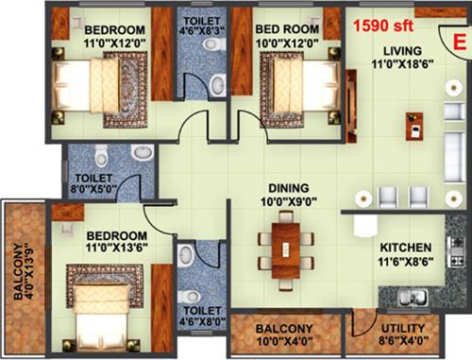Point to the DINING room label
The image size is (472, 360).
tap(286, 188)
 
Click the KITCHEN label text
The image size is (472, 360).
tap(406, 248)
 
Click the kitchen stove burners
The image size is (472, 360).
tap(456, 249)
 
